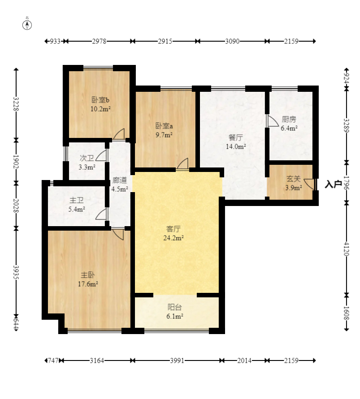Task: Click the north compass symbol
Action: [27, 25]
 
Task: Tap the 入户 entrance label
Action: [333, 184]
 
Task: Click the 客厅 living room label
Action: [173, 229]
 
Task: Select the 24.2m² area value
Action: [173, 238]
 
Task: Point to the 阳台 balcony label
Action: [175, 307]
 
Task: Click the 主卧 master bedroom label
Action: [88, 275]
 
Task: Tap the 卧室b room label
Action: [100, 100]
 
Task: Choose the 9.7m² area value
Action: [164, 135]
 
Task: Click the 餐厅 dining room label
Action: [236, 137]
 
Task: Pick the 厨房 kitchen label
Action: [289, 120]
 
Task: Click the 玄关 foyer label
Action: [294, 179]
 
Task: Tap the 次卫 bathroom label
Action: [87, 158]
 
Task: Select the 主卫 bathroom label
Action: [77, 201]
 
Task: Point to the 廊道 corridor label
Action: [120, 180]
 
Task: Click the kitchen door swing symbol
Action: [273, 121]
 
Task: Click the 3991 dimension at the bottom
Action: [177, 360]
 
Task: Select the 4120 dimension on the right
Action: [347, 249]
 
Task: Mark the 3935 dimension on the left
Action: [16, 272]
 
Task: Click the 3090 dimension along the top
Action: [232, 41]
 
